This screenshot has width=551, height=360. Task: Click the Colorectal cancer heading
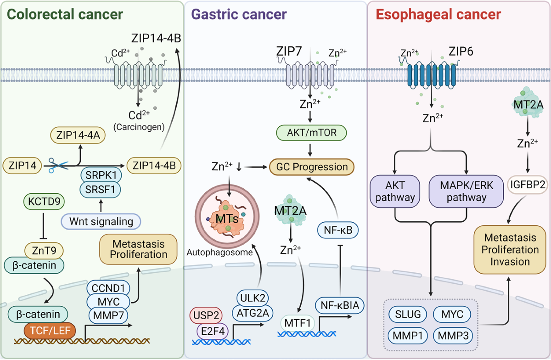click(x=65, y=14)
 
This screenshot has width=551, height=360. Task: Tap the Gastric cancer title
click(x=239, y=14)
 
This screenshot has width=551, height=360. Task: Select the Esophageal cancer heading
click(x=439, y=15)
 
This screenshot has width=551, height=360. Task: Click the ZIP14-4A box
click(x=78, y=135)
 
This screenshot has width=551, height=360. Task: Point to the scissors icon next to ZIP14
click(x=58, y=165)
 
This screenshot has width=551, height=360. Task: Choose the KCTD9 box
click(x=44, y=202)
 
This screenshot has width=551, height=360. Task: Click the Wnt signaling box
click(x=101, y=221)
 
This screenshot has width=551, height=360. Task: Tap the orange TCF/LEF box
click(x=50, y=331)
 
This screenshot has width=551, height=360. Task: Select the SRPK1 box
click(x=101, y=175)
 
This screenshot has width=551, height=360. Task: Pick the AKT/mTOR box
click(x=312, y=133)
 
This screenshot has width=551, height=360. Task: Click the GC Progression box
click(x=312, y=167)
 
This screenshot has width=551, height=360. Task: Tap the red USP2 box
click(x=206, y=315)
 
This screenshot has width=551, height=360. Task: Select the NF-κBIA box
click(x=340, y=305)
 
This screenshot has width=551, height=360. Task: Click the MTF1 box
click(x=298, y=323)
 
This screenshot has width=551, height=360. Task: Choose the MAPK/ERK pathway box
click(x=466, y=191)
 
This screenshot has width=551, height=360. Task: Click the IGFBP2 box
click(x=528, y=185)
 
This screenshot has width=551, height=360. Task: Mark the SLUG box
click(x=408, y=314)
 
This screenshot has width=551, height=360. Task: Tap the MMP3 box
click(x=453, y=336)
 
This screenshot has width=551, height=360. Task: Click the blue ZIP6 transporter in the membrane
click(x=432, y=75)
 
